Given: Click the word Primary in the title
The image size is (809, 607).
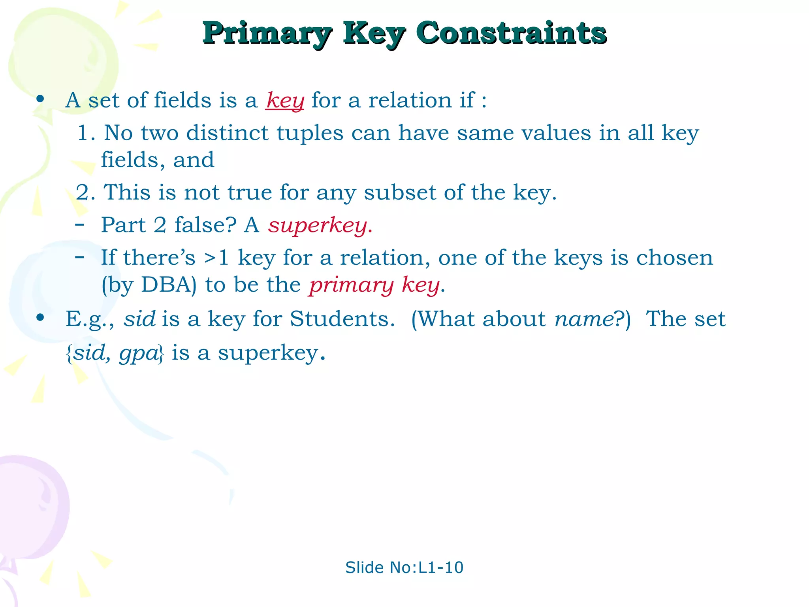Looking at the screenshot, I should click(x=267, y=33).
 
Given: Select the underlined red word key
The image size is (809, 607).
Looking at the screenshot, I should click(x=285, y=100).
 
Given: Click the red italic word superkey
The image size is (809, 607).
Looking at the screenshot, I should click(x=318, y=225).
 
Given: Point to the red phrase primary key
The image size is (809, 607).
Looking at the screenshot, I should click(x=374, y=285).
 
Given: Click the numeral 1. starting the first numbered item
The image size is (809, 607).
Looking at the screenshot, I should click(x=86, y=133).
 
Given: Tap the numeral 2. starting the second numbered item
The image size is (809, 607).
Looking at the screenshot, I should click(x=85, y=193).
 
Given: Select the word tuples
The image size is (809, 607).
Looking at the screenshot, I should click(x=310, y=133).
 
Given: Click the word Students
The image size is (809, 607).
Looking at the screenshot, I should click(x=342, y=319).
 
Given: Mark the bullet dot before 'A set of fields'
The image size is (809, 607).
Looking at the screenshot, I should click(x=40, y=99).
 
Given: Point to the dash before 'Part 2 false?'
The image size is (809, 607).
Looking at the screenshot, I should click(x=79, y=224).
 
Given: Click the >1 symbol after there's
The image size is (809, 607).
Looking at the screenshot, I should click(x=216, y=258).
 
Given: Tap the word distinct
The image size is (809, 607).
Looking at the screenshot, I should click(x=227, y=133).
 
